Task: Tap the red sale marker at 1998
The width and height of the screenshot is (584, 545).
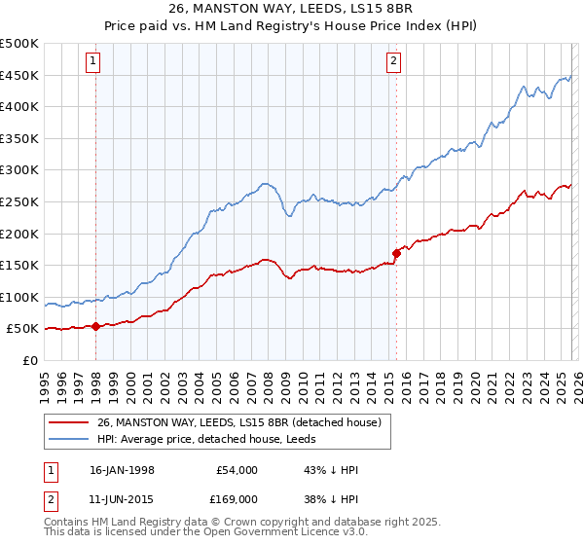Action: [96, 327]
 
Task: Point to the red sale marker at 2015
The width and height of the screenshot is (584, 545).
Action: [396, 254]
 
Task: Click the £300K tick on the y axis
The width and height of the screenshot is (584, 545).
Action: [21, 170]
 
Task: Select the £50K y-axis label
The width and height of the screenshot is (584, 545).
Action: [24, 329]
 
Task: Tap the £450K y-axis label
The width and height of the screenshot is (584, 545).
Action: [21, 75]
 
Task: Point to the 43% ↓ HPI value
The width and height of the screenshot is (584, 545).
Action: [332, 470]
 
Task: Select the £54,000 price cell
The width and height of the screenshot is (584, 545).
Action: [237, 470]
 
